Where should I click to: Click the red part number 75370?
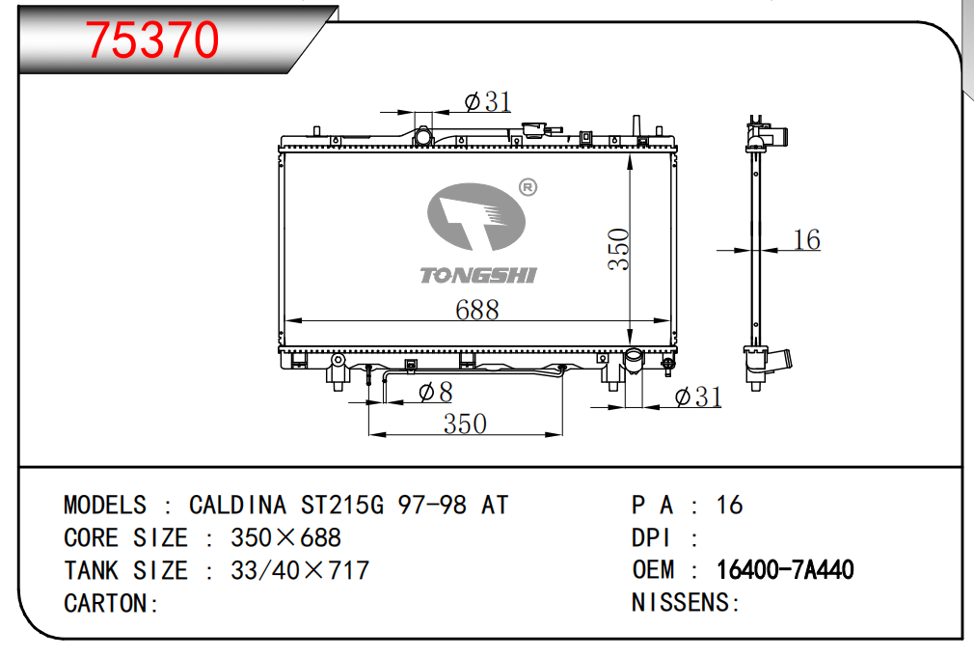[152, 40]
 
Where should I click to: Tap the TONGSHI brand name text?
[477, 275]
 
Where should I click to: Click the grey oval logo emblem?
[476, 217]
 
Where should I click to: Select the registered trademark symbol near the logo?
[528, 187]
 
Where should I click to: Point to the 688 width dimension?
[477, 310]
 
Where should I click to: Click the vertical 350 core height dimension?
[619, 249]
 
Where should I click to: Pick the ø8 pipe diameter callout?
[436, 393]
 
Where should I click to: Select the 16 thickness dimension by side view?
[807, 239]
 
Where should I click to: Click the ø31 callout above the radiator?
[488, 101]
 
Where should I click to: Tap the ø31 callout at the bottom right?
[698, 397]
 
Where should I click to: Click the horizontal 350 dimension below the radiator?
[465, 424]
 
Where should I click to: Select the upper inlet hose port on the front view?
[423, 137]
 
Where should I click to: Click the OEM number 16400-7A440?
[785, 569]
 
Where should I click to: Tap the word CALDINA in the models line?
[237, 505]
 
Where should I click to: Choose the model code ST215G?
[342, 505]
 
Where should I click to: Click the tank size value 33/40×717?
[300, 570]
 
